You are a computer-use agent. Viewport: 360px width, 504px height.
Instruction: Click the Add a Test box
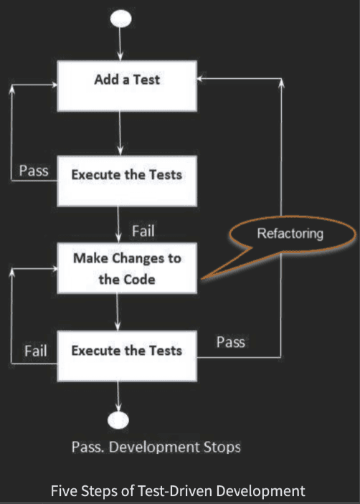coord(127,86)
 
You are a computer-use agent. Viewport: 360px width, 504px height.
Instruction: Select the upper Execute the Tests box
coord(127,181)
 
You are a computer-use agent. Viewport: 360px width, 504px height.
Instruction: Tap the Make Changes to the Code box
coord(127,268)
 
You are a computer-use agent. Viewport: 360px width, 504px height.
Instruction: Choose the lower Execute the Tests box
coord(127,356)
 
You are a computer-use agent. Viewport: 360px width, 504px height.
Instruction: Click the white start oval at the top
coord(120,19)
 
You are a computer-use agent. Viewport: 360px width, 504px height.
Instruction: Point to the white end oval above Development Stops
coord(118,420)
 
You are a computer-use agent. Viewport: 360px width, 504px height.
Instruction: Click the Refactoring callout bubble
coord(291,234)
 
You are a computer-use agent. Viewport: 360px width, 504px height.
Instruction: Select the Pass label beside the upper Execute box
coord(34,171)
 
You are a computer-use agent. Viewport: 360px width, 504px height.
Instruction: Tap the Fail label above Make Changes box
coord(143,231)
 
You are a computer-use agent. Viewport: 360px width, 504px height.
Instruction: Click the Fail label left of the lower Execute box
coord(36,351)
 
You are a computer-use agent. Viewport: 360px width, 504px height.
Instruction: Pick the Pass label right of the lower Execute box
coord(231,342)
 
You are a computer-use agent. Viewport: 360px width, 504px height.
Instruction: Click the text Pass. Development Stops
coord(156,447)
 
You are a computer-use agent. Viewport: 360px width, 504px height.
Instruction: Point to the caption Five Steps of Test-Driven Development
coord(178,491)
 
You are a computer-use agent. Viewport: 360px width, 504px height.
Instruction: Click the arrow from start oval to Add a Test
coord(120,44)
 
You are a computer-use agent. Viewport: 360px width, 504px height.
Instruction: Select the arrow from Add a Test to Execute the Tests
coord(120,133)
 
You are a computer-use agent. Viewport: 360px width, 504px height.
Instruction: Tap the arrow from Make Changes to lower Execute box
coord(118,312)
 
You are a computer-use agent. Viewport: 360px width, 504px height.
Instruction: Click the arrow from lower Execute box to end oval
coord(118,396)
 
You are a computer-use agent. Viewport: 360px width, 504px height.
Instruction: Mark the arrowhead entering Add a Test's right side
coord(200,78)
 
